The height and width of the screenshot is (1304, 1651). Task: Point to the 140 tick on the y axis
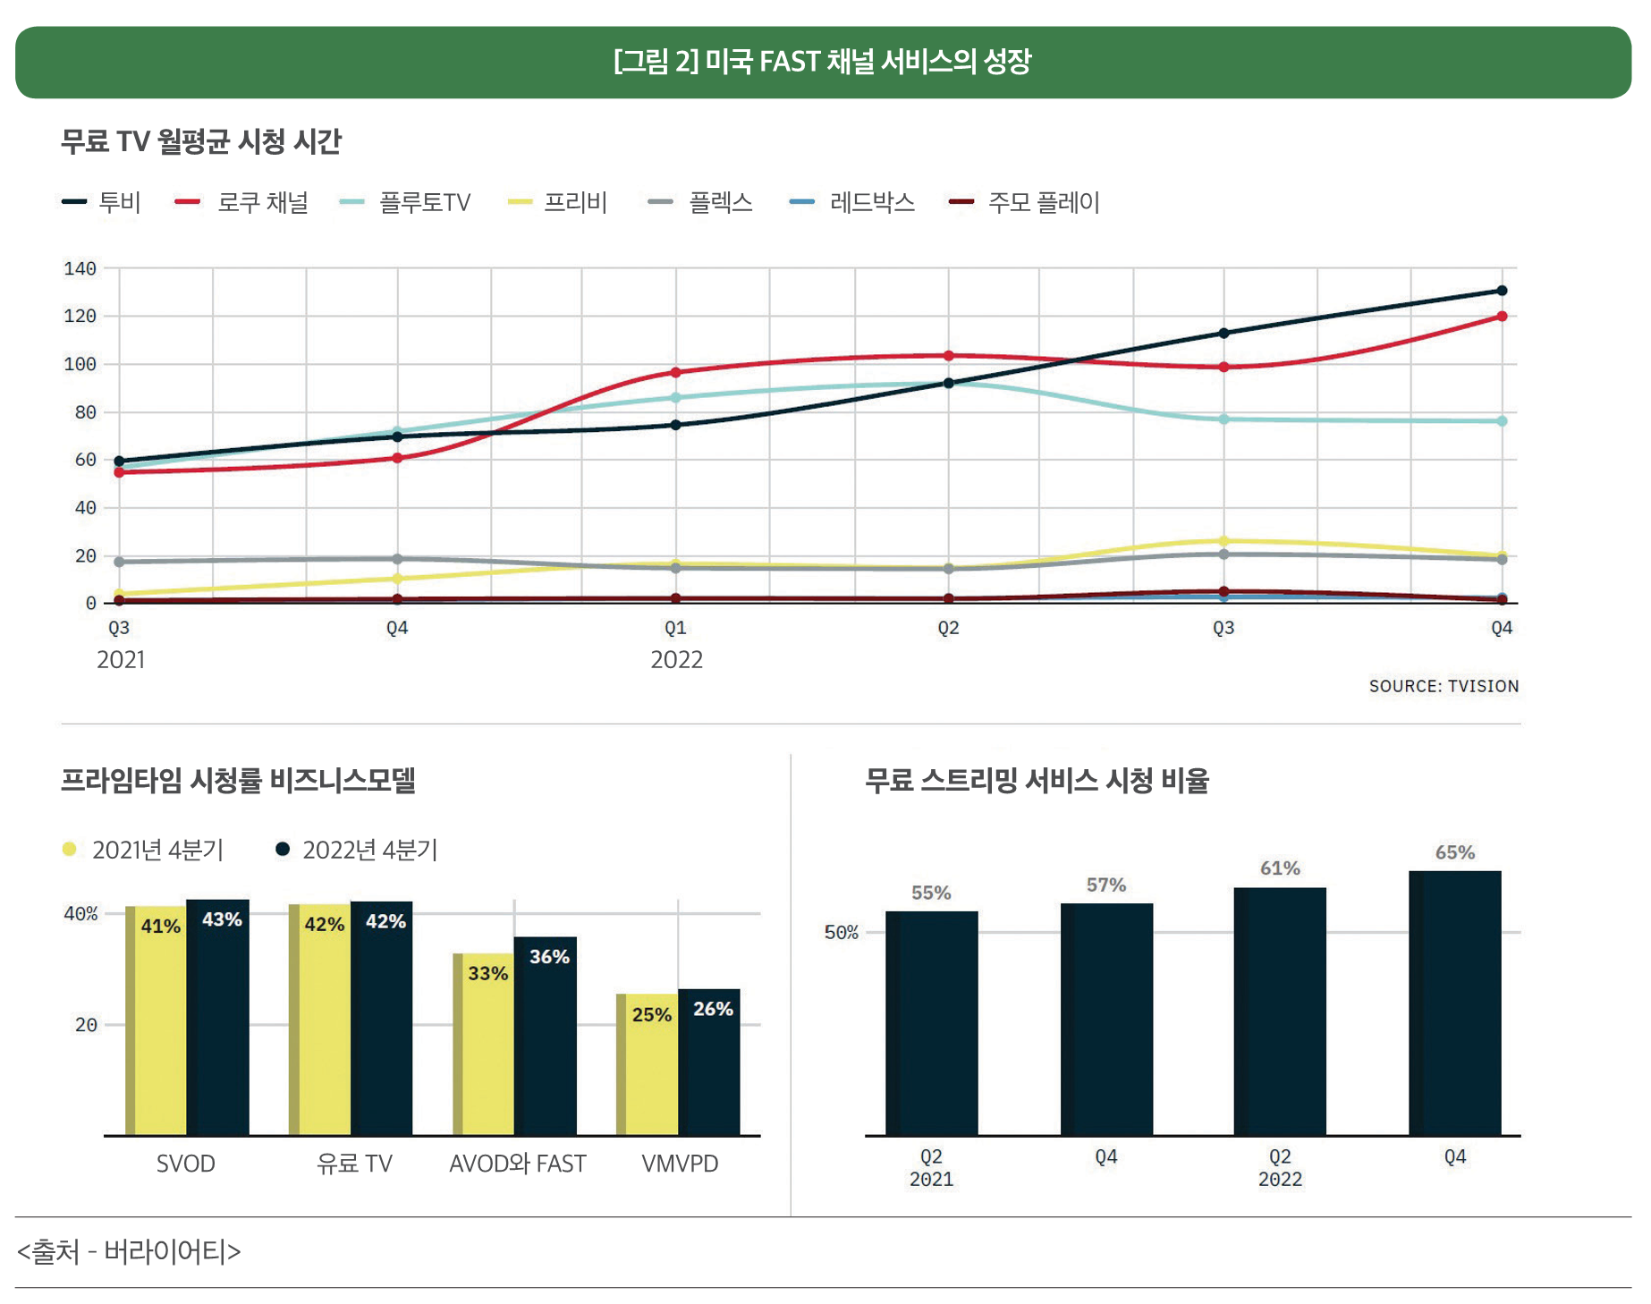(x=80, y=268)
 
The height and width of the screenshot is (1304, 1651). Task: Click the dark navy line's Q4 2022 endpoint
(x=1502, y=291)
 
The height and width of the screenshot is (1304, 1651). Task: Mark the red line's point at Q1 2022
(x=675, y=372)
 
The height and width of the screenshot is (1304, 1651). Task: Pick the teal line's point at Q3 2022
(x=1223, y=419)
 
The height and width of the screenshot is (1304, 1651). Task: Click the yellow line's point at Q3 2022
(x=1223, y=541)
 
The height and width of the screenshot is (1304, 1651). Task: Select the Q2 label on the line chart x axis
(x=948, y=628)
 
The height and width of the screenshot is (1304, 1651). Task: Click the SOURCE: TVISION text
(x=1444, y=686)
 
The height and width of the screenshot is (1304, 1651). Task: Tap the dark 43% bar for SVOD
(x=218, y=1020)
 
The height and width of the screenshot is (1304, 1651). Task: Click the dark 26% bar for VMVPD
(x=709, y=1064)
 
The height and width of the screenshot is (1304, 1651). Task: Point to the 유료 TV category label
(x=354, y=1164)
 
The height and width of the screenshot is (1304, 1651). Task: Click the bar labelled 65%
(x=1455, y=1002)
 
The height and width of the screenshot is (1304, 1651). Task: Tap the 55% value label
(x=931, y=893)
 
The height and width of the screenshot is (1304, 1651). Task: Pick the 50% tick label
(x=841, y=932)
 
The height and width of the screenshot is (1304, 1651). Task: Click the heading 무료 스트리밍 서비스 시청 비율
(x=1037, y=781)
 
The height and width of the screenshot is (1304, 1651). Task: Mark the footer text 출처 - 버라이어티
(x=129, y=1251)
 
